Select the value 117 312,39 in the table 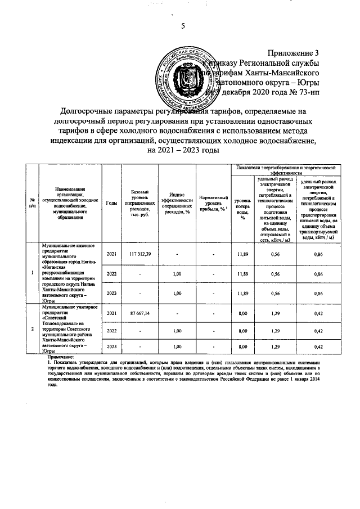pyautogui.click(x=139, y=255)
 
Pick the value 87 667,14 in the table pyautogui.click(x=139, y=313)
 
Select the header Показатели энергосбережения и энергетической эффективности pyautogui.click(x=286, y=170)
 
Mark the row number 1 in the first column pyautogui.click(x=32, y=273)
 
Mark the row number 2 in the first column pyautogui.click(x=32, y=328)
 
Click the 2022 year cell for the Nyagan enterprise pyautogui.click(x=111, y=274)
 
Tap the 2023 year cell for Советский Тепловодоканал pyautogui.click(x=111, y=346)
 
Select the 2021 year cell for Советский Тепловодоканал pyautogui.click(x=111, y=313)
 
